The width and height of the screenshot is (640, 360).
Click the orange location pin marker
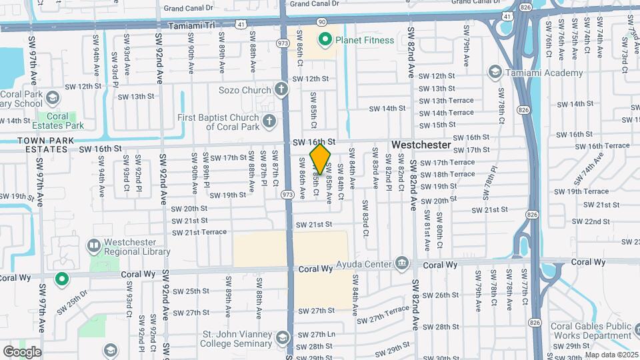[x=321, y=159]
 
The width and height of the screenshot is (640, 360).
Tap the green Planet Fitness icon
[x=325, y=40]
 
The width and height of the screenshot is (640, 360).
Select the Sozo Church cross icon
[x=281, y=89]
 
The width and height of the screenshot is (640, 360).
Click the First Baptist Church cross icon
[x=269, y=121]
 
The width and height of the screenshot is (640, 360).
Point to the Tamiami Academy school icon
[x=494, y=71]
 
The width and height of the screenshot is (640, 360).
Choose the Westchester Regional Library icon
[x=94, y=247]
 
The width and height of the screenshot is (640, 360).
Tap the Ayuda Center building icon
[x=401, y=264]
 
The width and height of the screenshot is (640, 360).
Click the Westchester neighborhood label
[x=421, y=145]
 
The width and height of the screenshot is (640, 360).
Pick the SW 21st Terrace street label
[x=199, y=232]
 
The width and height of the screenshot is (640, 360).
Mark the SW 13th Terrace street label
[x=446, y=101]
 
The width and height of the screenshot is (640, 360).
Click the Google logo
[x=21, y=352]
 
